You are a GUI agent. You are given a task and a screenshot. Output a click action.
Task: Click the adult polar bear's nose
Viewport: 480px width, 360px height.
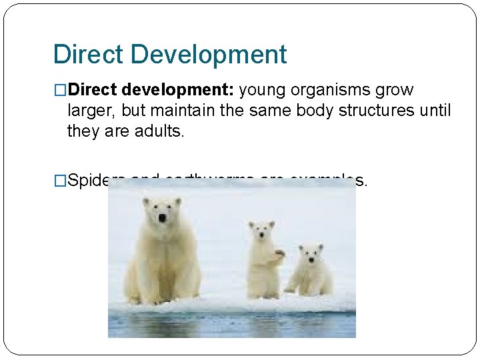[x=161, y=218]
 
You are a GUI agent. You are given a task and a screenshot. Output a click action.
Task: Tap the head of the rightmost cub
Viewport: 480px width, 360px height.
[x=310, y=253]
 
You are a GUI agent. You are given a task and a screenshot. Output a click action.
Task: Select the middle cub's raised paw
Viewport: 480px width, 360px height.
[x=279, y=253]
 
